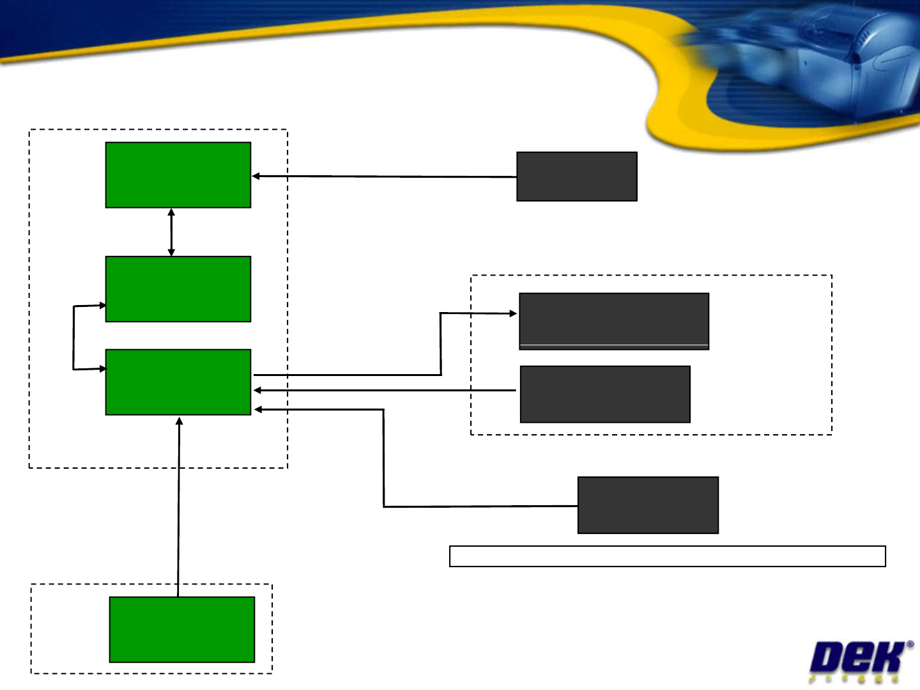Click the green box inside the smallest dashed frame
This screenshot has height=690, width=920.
tap(182, 629)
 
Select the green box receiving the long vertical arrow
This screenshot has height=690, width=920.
tap(178, 382)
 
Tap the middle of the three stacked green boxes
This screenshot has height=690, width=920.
tap(178, 288)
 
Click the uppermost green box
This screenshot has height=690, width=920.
tap(178, 175)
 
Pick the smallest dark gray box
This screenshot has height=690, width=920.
tap(576, 176)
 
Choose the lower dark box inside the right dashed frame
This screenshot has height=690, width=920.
tap(605, 394)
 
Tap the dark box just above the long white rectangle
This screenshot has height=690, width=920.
tap(648, 505)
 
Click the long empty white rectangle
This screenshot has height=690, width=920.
tap(667, 556)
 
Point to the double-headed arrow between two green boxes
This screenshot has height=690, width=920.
tap(171, 231)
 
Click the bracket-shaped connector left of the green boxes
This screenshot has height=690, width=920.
tap(74, 338)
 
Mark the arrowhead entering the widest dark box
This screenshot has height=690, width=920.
tap(513, 313)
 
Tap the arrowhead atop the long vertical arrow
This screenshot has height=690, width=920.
tap(180, 421)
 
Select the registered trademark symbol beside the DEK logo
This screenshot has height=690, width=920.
tap(910, 645)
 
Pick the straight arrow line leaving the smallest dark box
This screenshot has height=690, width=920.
tap(383, 176)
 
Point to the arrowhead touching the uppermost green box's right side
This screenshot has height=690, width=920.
tap(256, 176)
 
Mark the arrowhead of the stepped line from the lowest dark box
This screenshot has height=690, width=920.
tap(257, 409)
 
